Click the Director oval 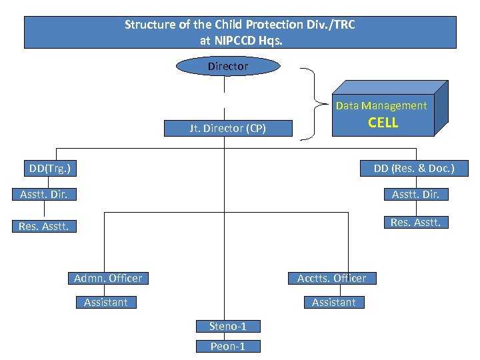pyautogui.click(x=227, y=66)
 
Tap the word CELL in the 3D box pyautogui.click(x=383, y=123)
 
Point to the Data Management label pyautogui.click(x=381, y=105)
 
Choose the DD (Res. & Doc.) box pyautogui.click(x=413, y=168)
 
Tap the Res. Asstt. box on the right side pyautogui.click(x=415, y=222)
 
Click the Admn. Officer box pyautogui.click(x=108, y=278)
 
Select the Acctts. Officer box pyautogui.click(x=331, y=278)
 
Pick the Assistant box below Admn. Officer pyautogui.click(x=106, y=303)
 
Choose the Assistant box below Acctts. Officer pyautogui.click(x=333, y=303)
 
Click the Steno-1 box pyautogui.click(x=228, y=326)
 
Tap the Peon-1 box pyautogui.click(x=228, y=346)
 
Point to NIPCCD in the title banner pyautogui.click(x=237, y=40)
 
